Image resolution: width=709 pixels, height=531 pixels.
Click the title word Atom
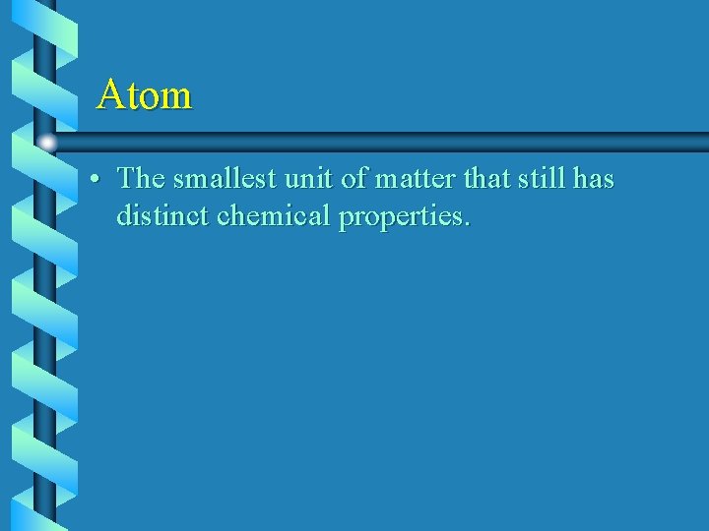pos(145,95)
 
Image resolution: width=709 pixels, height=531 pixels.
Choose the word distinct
pos(161,214)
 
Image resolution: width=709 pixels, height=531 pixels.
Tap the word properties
pos(399,216)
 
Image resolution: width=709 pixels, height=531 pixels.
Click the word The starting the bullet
pos(141,179)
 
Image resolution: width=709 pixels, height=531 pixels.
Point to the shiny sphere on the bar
pos(46,143)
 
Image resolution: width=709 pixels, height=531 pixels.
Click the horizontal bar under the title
pos(394,141)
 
